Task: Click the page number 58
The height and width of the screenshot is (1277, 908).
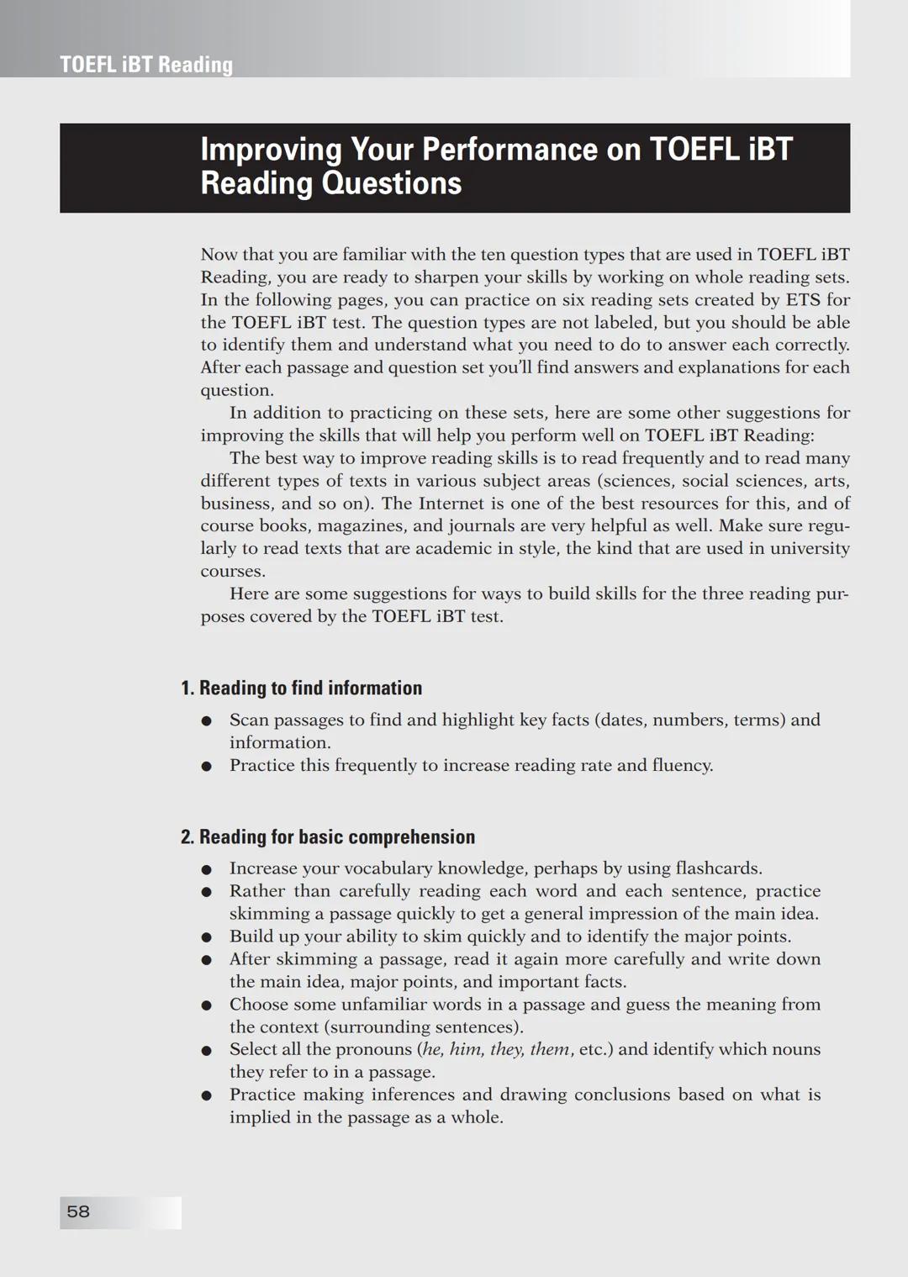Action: tap(78, 1211)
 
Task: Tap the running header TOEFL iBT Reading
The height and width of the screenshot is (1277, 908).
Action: tap(146, 65)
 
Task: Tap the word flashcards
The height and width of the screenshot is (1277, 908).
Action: tap(719, 868)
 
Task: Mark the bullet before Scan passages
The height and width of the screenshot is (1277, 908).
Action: tap(206, 720)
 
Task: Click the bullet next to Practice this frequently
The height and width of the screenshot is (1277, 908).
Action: tap(206, 766)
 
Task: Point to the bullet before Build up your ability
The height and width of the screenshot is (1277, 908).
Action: tap(206, 937)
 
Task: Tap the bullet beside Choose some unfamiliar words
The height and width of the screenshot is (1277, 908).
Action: tap(206, 1005)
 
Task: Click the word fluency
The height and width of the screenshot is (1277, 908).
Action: tap(682, 765)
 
